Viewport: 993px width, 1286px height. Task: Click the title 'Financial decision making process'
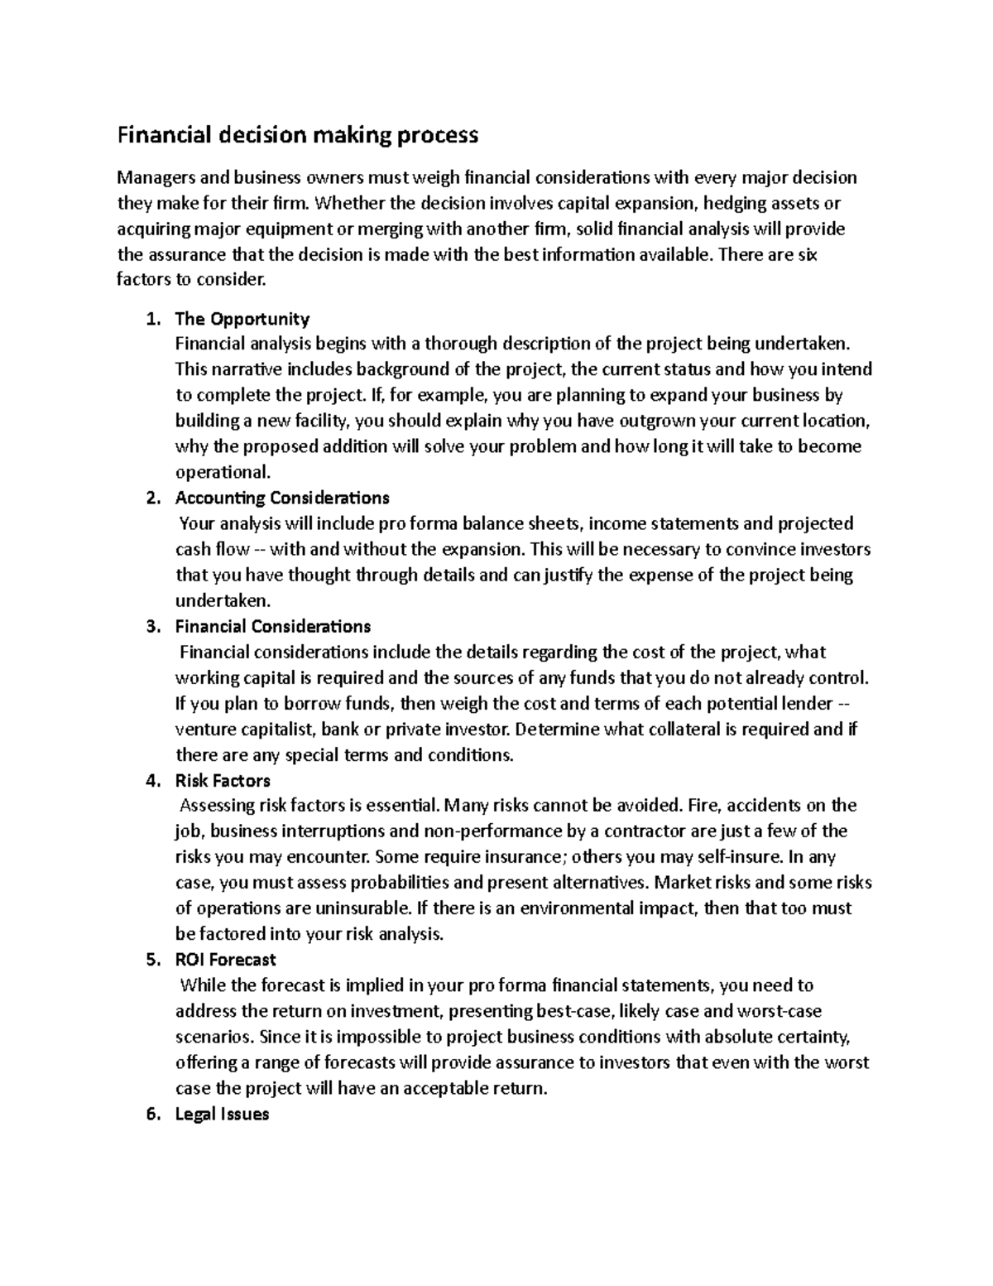pos(298,134)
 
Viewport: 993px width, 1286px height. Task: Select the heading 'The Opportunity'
pos(242,319)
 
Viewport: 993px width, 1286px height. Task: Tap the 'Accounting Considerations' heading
pos(282,498)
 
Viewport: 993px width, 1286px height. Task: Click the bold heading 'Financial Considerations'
pos(272,626)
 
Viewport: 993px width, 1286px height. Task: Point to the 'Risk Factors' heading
pos(223,780)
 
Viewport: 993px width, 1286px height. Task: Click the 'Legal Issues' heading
pos(222,1114)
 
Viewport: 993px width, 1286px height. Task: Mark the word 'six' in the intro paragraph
pos(805,254)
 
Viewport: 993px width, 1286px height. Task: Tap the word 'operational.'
pos(223,473)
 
